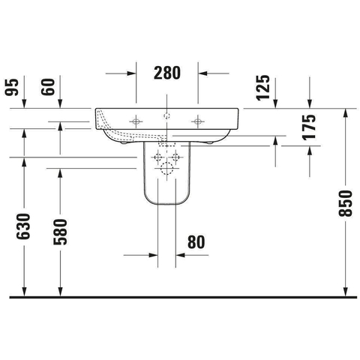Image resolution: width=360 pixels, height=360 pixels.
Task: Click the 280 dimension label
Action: [167, 73]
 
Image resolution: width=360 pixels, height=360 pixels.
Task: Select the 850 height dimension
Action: [345, 203]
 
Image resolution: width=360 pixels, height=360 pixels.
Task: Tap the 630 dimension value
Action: [23, 226]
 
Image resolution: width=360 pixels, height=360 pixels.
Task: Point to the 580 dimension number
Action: [60, 232]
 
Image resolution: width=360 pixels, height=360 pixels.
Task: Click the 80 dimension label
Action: [196, 242]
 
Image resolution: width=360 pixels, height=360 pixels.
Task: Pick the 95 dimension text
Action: [12, 87]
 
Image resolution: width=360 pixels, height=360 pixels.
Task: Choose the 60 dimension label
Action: [48, 87]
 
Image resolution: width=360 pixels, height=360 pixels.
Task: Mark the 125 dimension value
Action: [263, 88]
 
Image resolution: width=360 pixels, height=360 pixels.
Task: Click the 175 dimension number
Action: [309, 127]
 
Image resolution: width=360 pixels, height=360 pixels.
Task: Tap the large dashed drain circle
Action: [166, 168]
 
